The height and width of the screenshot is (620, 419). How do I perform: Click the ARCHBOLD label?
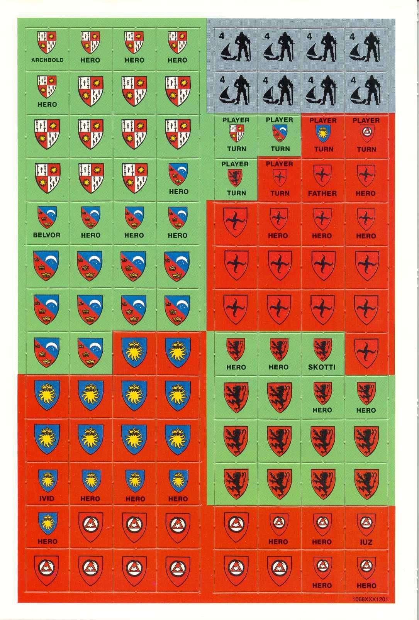47,60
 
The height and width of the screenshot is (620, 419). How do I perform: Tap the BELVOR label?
47,235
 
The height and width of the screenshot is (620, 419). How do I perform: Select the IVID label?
47,498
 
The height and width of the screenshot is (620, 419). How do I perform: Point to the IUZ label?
366,542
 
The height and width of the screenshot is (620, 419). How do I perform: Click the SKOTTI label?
322,367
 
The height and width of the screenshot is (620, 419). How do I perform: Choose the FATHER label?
322,193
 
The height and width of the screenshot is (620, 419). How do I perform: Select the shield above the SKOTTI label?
322,348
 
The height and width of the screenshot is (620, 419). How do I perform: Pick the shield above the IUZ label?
366,522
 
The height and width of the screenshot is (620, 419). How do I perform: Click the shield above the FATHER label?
322,174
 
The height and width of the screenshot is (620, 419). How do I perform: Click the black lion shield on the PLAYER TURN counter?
236,177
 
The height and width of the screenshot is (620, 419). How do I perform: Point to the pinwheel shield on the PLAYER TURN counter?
279,177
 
